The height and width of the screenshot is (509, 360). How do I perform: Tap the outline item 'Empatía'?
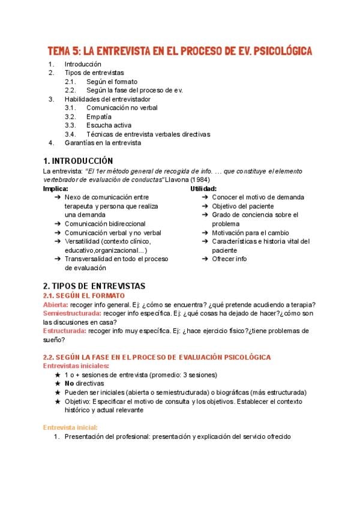pos(99,116)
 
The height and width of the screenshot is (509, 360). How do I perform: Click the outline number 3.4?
pos(70,134)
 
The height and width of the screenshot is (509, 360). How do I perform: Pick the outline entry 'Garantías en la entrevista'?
pos(103,143)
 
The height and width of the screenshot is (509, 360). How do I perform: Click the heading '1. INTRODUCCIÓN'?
pos(77,161)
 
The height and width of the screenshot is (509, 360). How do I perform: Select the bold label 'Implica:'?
pos(55,188)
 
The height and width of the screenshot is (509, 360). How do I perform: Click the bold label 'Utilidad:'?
pos(203,188)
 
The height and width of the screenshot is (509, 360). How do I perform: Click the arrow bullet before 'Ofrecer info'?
pos(205,259)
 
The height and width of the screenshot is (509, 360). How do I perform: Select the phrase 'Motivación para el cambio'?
pos(250,233)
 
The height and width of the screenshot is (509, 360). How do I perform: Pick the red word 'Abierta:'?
pos(55,304)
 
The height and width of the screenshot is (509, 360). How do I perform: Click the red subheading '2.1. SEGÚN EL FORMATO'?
pos(84,295)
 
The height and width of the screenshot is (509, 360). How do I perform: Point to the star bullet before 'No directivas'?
pos(57,384)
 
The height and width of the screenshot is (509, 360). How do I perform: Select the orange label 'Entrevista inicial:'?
pos(70,427)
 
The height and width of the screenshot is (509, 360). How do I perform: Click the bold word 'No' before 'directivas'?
pos(69,384)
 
